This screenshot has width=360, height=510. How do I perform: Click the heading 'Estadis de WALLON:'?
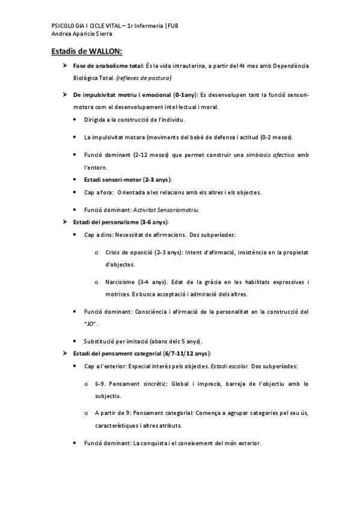[87, 52]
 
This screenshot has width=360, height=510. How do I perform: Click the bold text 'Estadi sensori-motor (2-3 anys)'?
[128, 180]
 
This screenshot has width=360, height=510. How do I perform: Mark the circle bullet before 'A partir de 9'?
[88, 413]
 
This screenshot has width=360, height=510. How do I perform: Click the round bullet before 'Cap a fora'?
[75, 192]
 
